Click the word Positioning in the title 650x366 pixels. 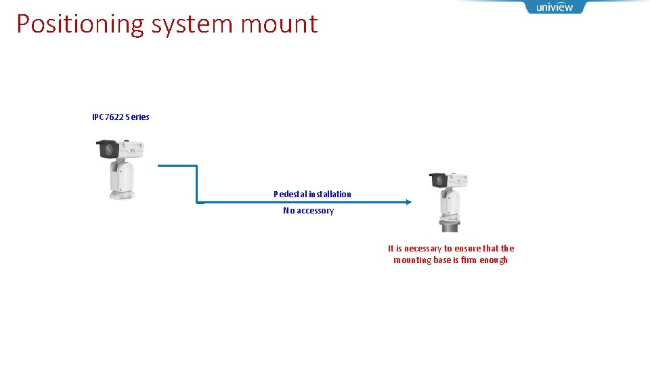point(81,24)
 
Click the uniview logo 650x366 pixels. point(555,7)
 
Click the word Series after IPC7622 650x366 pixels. point(137,117)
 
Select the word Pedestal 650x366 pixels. point(290,194)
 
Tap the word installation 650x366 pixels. point(330,194)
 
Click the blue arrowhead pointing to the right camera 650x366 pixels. point(408,201)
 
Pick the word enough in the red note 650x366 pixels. point(493,260)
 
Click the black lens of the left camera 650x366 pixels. point(108,148)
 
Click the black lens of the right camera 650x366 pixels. point(438,181)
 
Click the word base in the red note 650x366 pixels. point(441,260)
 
